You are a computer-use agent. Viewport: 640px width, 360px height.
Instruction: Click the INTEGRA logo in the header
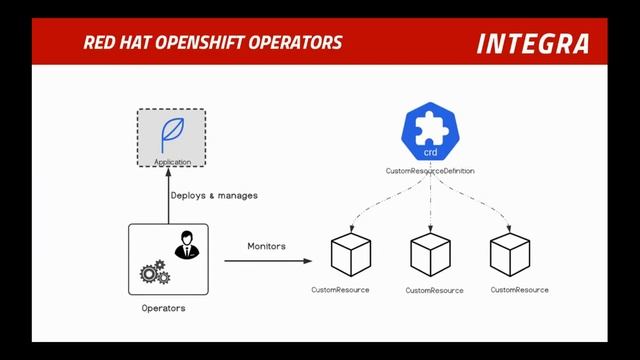(x=532, y=44)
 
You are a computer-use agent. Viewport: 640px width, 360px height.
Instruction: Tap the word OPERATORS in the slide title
(x=300, y=43)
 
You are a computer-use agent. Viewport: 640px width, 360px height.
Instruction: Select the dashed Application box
(x=171, y=139)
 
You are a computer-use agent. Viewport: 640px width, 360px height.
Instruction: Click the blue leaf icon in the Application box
(x=171, y=134)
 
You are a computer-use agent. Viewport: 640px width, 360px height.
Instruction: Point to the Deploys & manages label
(x=213, y=195)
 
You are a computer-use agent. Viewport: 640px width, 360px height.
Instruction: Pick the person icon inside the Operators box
(x=185, y=243)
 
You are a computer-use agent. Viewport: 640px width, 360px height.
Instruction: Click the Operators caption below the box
(x=163, y=308)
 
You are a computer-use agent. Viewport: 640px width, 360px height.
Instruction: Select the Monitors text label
(x=266, y=246)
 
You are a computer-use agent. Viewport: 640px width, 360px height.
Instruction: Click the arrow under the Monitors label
(x=267, y=262)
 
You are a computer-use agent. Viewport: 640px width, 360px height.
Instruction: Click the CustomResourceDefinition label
(x=430, y=171)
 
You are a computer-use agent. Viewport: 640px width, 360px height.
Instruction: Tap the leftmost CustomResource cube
(x=351, y=256)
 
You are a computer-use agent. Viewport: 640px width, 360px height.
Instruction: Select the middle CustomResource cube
(x=431, y=256)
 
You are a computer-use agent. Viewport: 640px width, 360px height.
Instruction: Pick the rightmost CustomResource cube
(x=509, y=256)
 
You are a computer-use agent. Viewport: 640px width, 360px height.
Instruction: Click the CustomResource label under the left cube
(x=340, y=290)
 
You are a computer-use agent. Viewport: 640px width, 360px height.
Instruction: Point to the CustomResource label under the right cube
(x=519, y=290)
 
